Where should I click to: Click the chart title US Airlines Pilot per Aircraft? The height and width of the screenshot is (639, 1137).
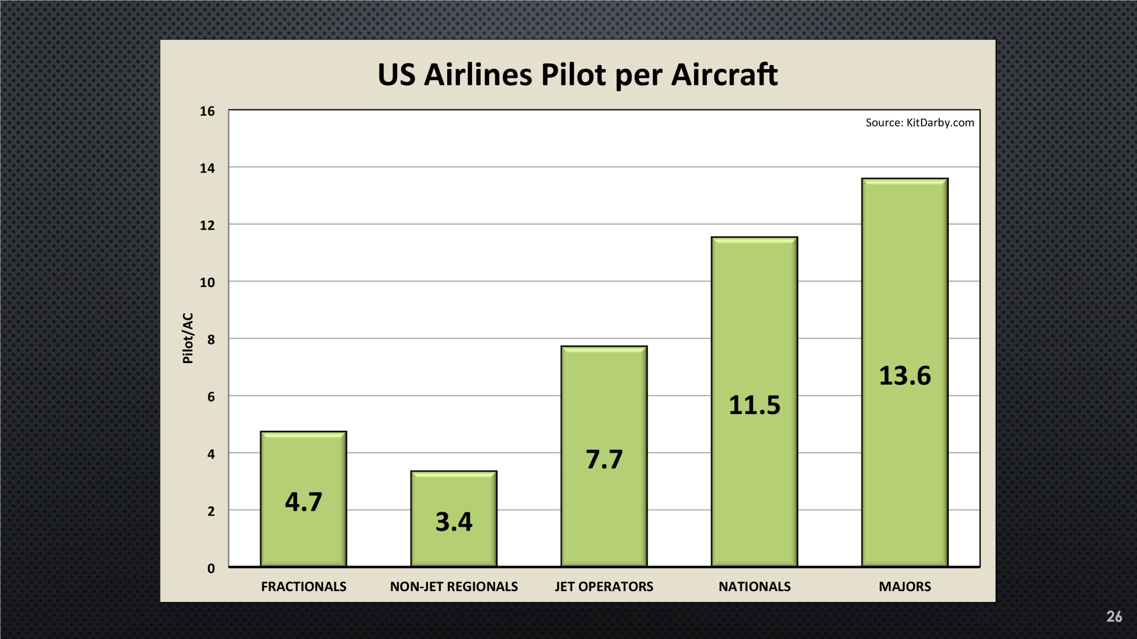[577, 75]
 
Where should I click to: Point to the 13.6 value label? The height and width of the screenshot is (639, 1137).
[905, 375]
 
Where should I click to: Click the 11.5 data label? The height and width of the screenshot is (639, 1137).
[754, 405]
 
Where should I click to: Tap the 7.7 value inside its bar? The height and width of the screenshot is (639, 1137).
[604, 459]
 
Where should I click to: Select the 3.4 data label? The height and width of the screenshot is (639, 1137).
[453, 521]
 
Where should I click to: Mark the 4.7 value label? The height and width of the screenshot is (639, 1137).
[303, 502]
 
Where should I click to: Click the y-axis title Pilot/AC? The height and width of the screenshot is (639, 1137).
[188, 338]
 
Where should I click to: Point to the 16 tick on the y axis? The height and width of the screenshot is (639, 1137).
[207, 111]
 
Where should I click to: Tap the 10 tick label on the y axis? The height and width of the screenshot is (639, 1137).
[207, 282]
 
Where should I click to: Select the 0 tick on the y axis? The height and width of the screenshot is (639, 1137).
[211, 568]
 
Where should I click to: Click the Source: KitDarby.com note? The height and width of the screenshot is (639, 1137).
[919, 122]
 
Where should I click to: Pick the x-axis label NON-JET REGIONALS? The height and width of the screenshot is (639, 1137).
[453, 587]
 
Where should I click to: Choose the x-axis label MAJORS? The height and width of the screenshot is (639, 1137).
[905, 587]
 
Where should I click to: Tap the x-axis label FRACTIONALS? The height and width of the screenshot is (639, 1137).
[303, 587]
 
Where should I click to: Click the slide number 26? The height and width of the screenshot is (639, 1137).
[1114, 616]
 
